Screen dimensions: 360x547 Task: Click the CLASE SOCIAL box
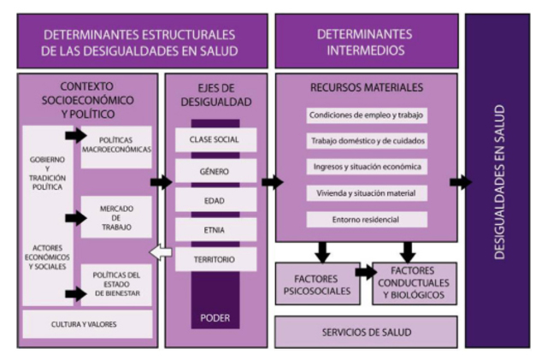(x=215, y=139)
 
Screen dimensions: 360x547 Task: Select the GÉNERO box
(x=215, y=170)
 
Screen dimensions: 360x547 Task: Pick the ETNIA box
(x=215, y=229)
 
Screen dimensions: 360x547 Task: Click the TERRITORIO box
(x=215, y=259)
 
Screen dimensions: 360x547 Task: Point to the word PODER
(x=215, y=317)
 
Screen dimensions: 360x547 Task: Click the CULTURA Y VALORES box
(x=88, y=324)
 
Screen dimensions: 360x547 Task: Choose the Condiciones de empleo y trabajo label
(x=366, y=115)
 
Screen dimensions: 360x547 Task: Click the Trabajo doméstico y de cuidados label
(x=366, y=140)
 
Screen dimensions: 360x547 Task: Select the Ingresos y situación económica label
(x=366, y=167)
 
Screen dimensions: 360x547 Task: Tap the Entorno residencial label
(x=366, y=220)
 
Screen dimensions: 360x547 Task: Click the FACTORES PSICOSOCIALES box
(x=316, y=284)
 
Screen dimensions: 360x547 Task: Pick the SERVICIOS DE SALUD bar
(x=366, y=332)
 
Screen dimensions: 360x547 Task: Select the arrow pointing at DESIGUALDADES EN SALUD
(x=460, y=181)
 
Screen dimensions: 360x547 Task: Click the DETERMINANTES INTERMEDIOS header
(x=366, y=42)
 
